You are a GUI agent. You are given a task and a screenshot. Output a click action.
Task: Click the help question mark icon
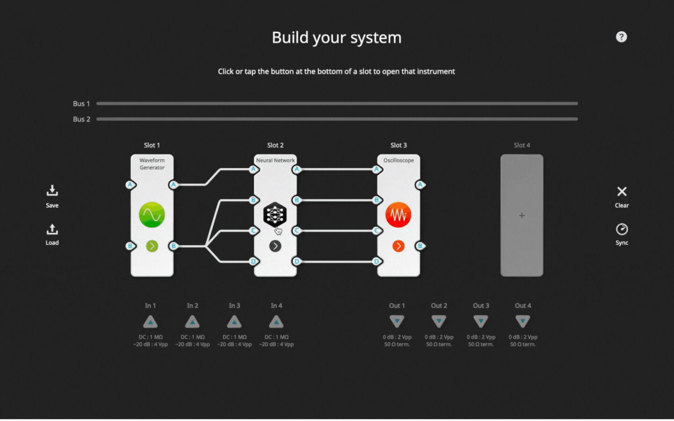(621, 37)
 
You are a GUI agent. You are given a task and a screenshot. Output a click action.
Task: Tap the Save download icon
(52, 190)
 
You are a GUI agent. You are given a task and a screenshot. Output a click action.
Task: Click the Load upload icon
(52, 229)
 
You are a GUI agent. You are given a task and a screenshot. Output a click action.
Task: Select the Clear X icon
(622, 191)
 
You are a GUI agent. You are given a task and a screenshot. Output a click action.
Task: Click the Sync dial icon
(622, 229)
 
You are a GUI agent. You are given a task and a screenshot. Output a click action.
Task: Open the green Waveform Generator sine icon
(152, 215)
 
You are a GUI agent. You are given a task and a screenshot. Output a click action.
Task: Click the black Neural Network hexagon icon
(275, 215)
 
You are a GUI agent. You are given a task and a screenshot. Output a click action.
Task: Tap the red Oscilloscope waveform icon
(398, 215)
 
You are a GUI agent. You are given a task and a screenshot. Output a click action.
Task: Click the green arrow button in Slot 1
(152, 246)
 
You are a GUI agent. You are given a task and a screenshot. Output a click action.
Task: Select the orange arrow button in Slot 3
(398, 246)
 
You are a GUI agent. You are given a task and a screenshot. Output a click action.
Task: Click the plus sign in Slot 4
(522, 216)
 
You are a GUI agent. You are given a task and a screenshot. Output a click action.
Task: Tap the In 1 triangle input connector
(150, 322)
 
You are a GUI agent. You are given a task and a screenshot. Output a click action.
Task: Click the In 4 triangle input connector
(276, 322)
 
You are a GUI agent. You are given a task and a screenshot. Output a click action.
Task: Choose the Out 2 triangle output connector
(439, 321)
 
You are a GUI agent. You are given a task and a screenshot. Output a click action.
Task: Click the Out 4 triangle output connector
(523, 321)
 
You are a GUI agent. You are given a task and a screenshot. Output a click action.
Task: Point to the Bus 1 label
(81, 104)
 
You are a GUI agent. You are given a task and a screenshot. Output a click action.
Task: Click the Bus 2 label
(81, 119)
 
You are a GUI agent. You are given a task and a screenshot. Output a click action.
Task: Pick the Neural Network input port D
(254, 261)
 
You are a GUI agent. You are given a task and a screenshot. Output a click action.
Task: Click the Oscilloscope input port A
(377, 169)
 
